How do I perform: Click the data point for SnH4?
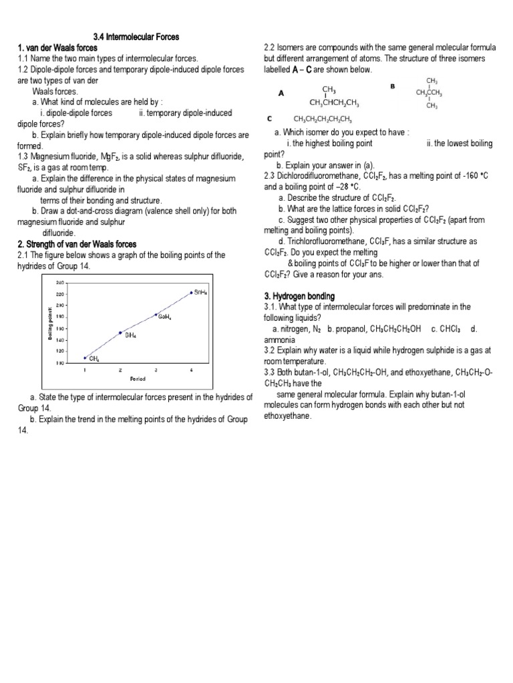pos(191,292)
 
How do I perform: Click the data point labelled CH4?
pos(85,357)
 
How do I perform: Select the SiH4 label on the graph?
pos(130,335)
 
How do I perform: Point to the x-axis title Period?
pos(138,379)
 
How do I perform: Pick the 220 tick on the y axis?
pos(60,294)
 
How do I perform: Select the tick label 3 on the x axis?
pos(156,369)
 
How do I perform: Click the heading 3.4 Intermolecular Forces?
pos(136,37)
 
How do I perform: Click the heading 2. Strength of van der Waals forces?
pos(77,244)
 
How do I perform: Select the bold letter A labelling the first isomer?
pos(281,94)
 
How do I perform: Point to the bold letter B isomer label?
pos(393,86)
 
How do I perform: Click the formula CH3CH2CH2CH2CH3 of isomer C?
pos(322,119)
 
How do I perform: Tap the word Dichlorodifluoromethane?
pos(322,176)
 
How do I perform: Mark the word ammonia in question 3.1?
pos(279,339)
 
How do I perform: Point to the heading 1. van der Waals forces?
pos(57,48)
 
